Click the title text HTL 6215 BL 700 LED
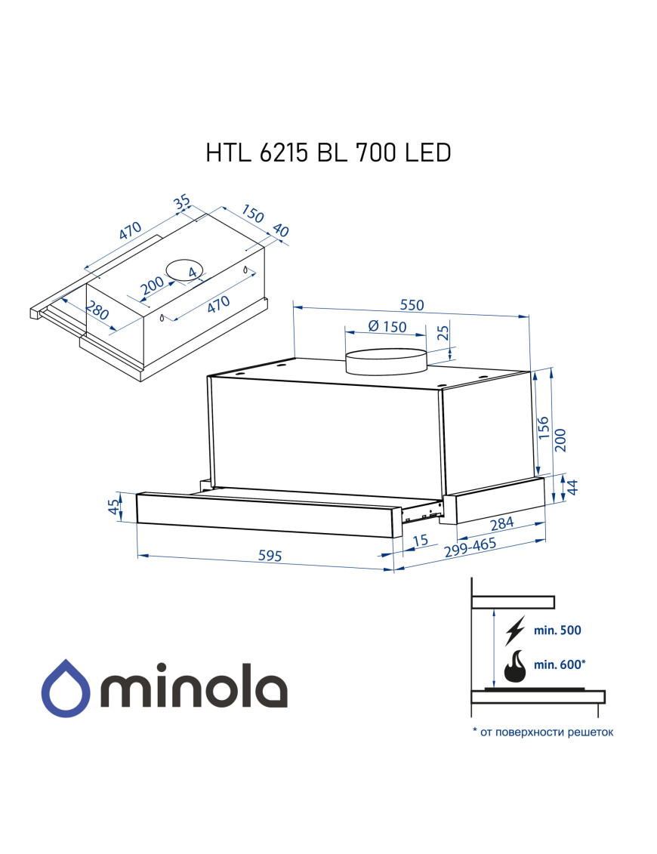tap(328, 153)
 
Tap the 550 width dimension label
tap(412, 305)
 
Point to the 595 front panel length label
tap(270, 556)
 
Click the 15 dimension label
tap(421, 540)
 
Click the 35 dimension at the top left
tap(181, 203)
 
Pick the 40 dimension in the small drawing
tap(281, 231)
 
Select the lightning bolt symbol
tap(516, 629)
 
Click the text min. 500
tap(558, 630)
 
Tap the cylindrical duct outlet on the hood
tap(385, 362)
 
